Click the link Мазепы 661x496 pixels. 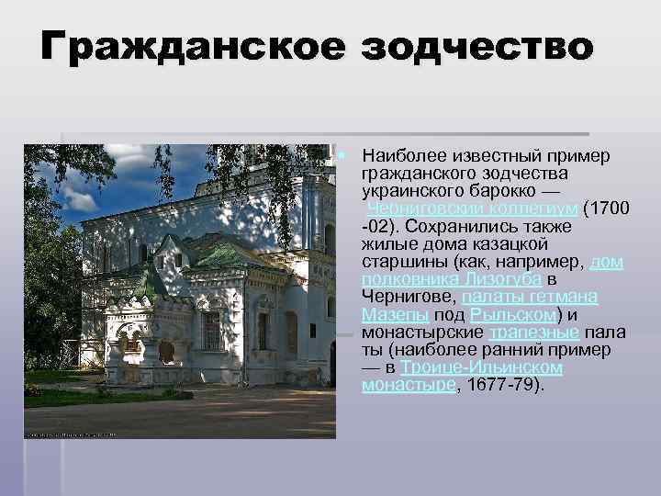pyautogui.click(x=392, y=314)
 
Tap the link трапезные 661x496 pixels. pyautogui.click(x=533, y=332)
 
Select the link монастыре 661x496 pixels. pyautogui.click(x=408, y=385)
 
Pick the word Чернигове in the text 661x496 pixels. pyautogui.click(x=409, y=297)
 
